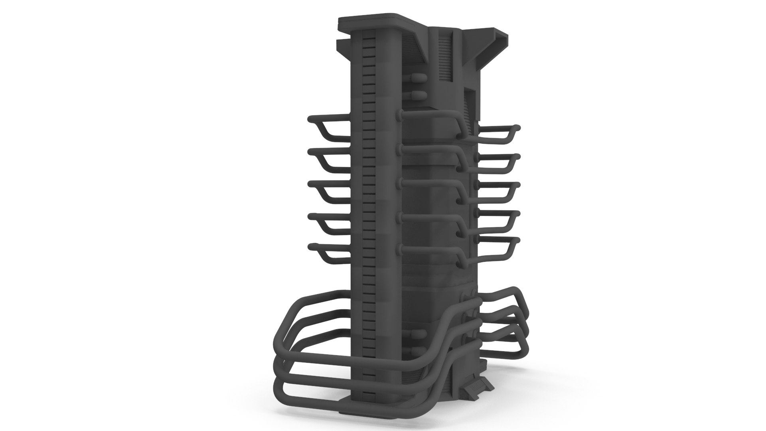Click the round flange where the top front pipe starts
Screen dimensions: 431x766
pos(399,115)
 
